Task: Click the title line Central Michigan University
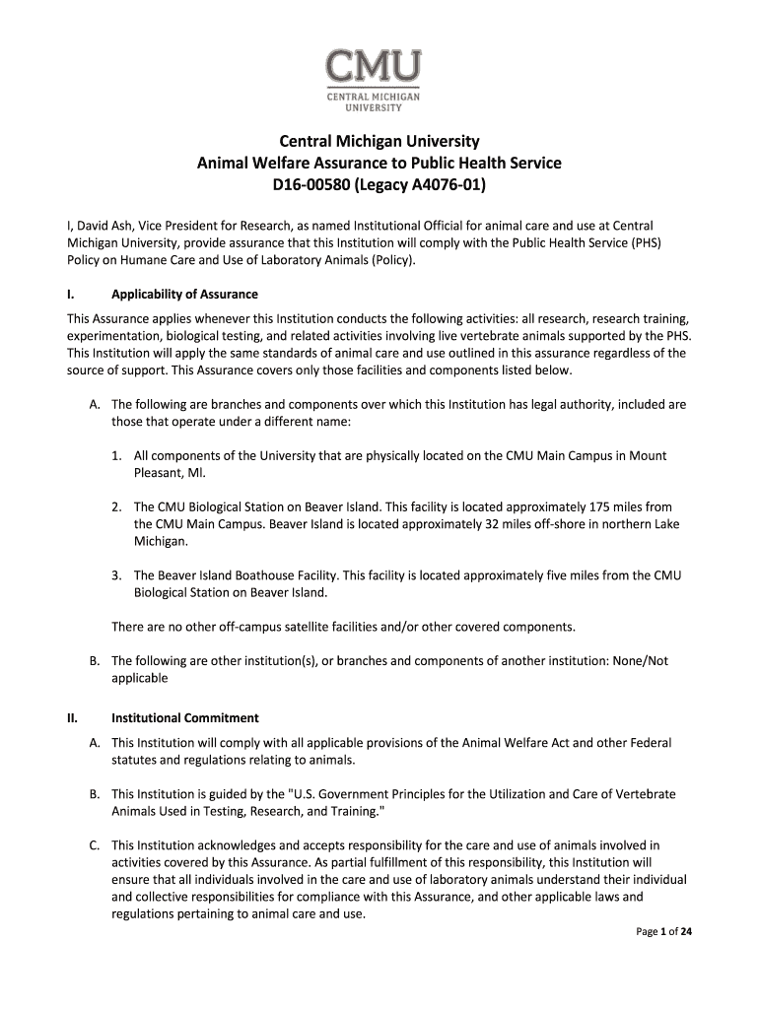click(379, 142)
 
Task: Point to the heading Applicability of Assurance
click(184, 294)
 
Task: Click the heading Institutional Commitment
click(185, 717)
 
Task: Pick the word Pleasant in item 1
click(159, 473)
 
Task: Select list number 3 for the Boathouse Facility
click(116, 574)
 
